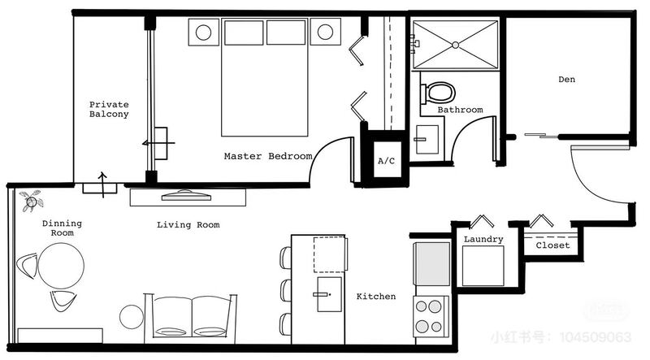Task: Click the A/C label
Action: click(x=387, y=161)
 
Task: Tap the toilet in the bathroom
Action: click(x=438, y=93)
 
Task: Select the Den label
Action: click(x=566, y=79)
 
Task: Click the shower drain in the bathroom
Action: click(x=455, y=45)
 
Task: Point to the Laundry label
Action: click(x=483, y=239)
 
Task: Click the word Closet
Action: click(x=552, y=245)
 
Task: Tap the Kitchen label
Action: click(x=376, y=296)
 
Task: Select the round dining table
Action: click(x=61, y=266)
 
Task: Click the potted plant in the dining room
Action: click(x=32, y=202)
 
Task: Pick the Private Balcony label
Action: click(x=109, y=109)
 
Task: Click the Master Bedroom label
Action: click(x=268, y=156)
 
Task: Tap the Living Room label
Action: click(x=188, y=225)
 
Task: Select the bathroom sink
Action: click(x=427, y=140)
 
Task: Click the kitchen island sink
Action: click(x=329, y=294)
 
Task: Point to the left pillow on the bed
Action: click(x=244, y=33)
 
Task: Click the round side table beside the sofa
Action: click(x=132, y=317)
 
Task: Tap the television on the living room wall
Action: click(x=186, y=195)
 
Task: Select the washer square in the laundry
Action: click(x=483, y=266)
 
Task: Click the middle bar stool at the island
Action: click(x=286, y=290)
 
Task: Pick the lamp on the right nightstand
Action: click(x=325, y=32)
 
